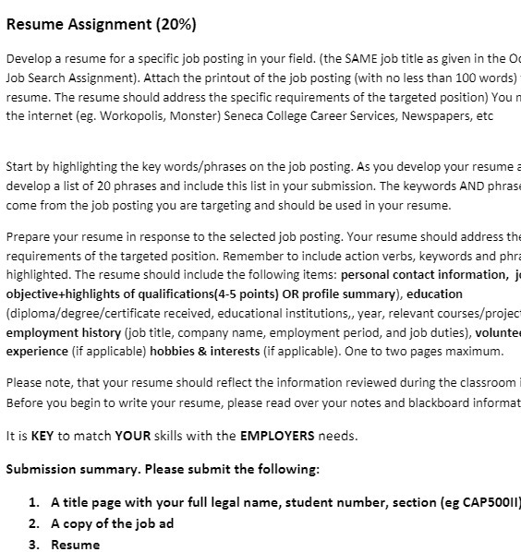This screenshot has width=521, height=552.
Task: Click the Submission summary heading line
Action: coord(163,468)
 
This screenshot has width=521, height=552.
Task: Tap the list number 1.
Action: coord(33,502)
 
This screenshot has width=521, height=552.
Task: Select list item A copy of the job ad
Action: coord(113,523)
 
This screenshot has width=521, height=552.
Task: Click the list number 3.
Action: coord(33,545)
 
